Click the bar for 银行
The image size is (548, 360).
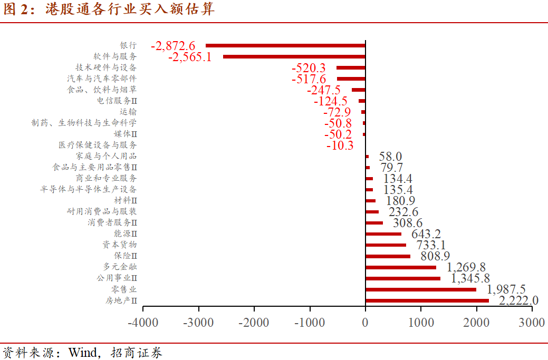[285, 46]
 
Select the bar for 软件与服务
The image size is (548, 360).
[294, 57]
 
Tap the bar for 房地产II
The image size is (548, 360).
[427, 300]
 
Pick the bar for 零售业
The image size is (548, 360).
[420, 289]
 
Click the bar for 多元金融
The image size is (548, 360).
[400, 267]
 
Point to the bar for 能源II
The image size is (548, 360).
[383, 234]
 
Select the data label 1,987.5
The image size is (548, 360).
[506, 289]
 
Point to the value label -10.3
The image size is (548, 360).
[340, 145]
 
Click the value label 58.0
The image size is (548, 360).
[390, 157]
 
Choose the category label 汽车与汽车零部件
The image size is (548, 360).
[102, 79]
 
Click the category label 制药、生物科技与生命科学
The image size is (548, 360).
[84, 123]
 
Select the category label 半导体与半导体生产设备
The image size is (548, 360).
[88, 189]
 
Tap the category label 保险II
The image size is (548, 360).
[126, 256]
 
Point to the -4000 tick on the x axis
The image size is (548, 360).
[143, 323]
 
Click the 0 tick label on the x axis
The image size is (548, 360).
[366, 323]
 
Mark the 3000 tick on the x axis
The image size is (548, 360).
[532, 323]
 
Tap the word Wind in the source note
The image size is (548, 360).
[83, 352]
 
